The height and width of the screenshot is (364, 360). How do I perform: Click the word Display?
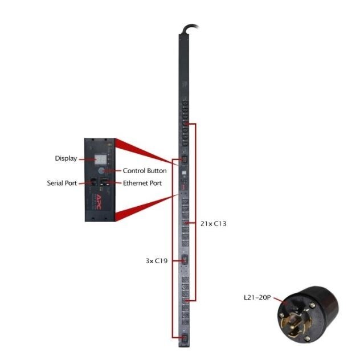coord(66,158)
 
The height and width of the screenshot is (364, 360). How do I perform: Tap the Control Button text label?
coord(145,170)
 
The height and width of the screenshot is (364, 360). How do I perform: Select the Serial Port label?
coord(62,183)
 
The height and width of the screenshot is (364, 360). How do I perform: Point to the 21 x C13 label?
coord(214,224)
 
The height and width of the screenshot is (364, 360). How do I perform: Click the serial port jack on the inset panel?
coord(93,183)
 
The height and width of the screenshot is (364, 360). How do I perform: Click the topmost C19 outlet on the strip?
coord(183,160)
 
